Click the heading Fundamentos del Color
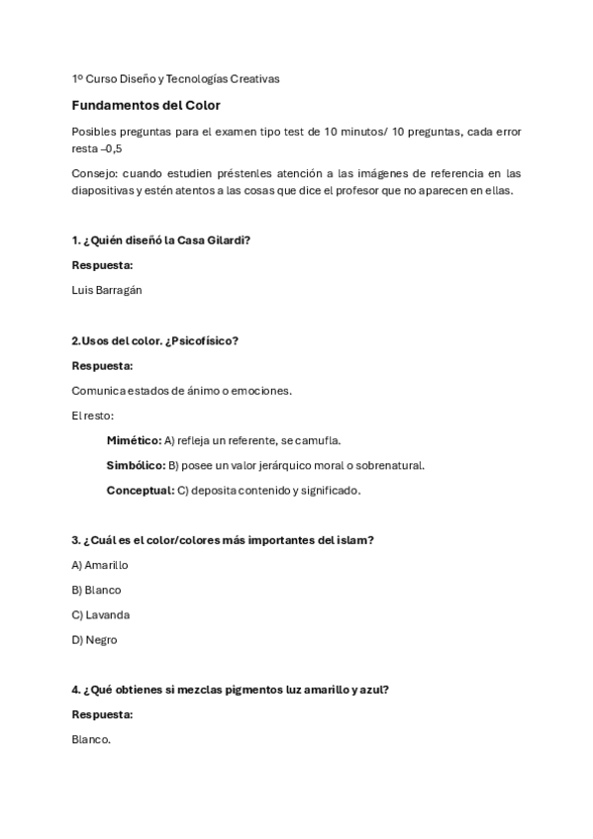click(146, 105)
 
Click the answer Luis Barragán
click(108, 290)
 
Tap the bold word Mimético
click(133, 440)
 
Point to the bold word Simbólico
click(136, 465)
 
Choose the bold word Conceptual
click(139, 490)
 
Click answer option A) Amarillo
click(100, 565)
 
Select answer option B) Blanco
click(96, 590)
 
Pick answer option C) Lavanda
click(100, 614)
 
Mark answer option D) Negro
click(94, 639)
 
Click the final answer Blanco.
click(91, 739)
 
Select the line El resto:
click(92, 416)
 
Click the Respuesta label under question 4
click(102, 714)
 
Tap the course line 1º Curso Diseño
click(175, 78)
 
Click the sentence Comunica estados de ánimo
click(180, 391)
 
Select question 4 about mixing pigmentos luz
click(230, 690)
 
